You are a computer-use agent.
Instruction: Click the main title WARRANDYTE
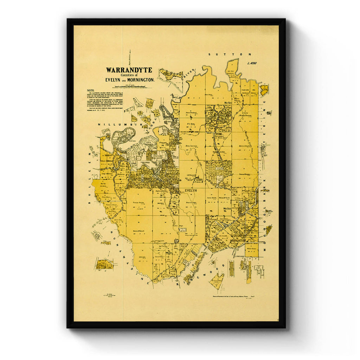pyautogui.click(x=129, y=70)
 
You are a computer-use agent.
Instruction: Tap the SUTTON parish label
pyautogui.click(x=230, y=54)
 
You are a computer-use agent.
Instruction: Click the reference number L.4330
pyautogui.click(x=252, y=63)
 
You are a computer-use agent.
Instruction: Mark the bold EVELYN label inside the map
pyautogui.click(x=190, y=190)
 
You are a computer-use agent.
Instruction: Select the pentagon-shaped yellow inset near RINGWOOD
pyautogui.click(x=217, y=281)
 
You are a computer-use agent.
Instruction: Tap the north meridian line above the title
pyautogui.click(x=129, y=58)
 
